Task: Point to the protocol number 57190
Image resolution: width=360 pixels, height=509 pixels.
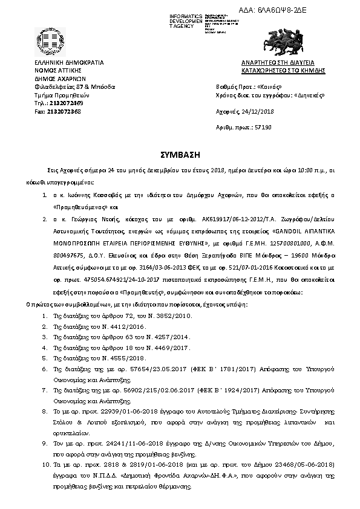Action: pos(262,129)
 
